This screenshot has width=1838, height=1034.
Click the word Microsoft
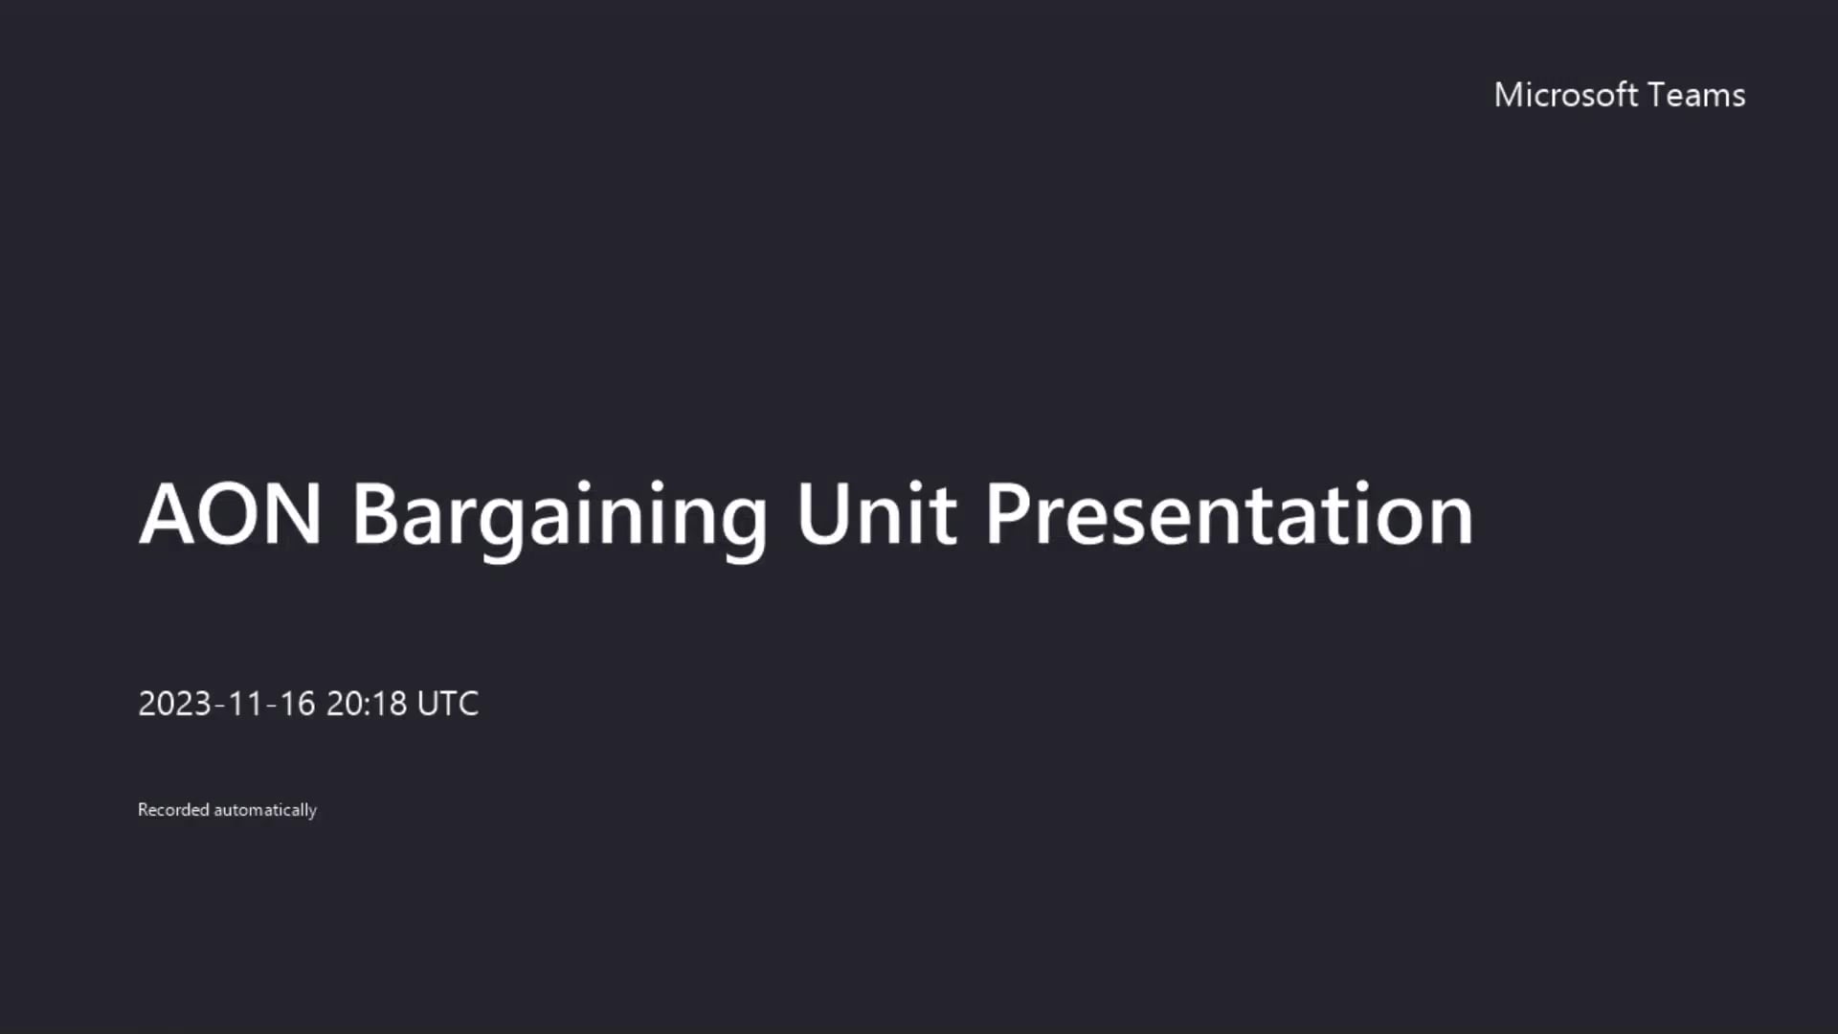[x=1566, y=95]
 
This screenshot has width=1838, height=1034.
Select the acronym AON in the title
[x=230, y=514]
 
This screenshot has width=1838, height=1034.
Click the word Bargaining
[x=559, y=517]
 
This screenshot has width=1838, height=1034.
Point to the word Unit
[x=875, y=514]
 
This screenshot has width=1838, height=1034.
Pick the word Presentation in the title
[x=1229, y=514]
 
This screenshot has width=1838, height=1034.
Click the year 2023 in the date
[x=174, y=704]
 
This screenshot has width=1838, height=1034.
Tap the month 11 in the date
[x=245, y=704]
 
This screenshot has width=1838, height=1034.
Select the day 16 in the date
[x=297, y=704]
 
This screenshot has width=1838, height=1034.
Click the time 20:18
[x=367, y=704]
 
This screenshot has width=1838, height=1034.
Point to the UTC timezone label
[x=448, y=704]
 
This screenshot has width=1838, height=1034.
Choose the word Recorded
[x=173, y=810]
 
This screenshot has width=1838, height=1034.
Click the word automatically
[x=265, y=810]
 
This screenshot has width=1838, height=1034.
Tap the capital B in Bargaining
[x=374, y=514]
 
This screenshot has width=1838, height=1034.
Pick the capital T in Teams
[x=1657, y=95]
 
